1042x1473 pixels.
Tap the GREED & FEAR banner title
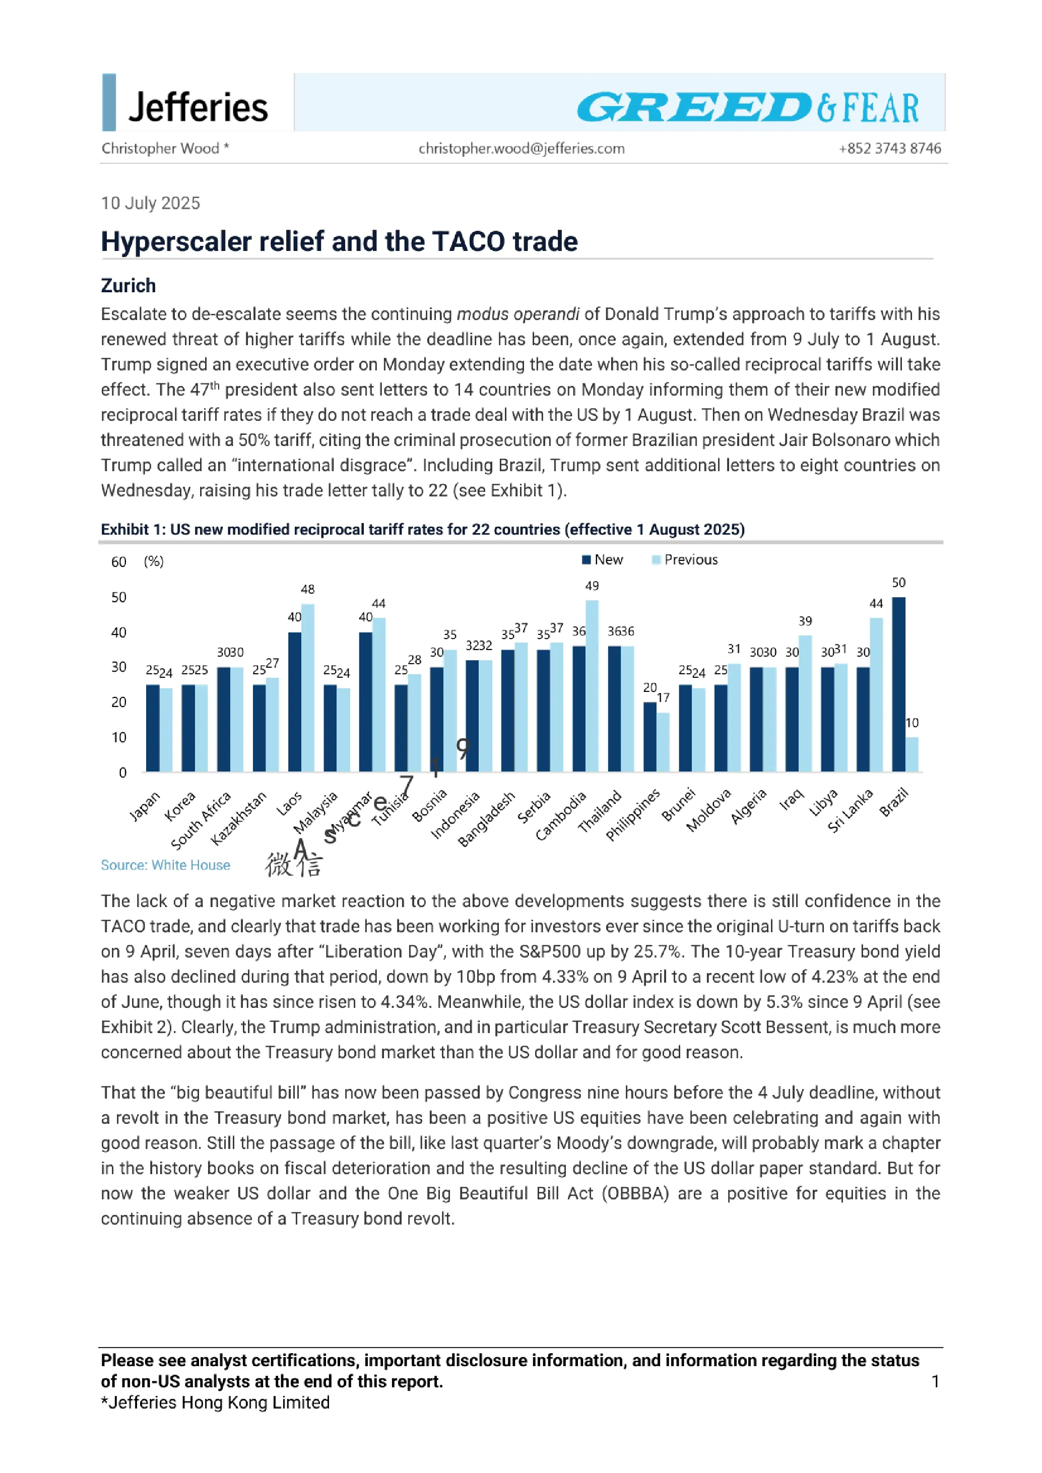748,107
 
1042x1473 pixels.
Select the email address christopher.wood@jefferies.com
522,148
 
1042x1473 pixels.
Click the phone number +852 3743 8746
889,148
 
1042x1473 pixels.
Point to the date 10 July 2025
151,204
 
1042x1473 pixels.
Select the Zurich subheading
128,286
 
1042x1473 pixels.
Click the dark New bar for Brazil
898,684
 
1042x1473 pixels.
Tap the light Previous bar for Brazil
912,754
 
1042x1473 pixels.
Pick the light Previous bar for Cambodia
592,686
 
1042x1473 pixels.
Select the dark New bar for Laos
294,702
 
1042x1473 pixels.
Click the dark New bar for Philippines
650,737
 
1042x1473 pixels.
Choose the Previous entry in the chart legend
685,559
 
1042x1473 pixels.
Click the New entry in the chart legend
603,559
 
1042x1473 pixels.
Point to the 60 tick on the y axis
119,562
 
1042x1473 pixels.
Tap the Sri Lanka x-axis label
850,810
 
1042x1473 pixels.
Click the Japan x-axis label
145,806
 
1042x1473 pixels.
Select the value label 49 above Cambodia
592,586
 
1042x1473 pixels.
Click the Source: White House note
166,865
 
